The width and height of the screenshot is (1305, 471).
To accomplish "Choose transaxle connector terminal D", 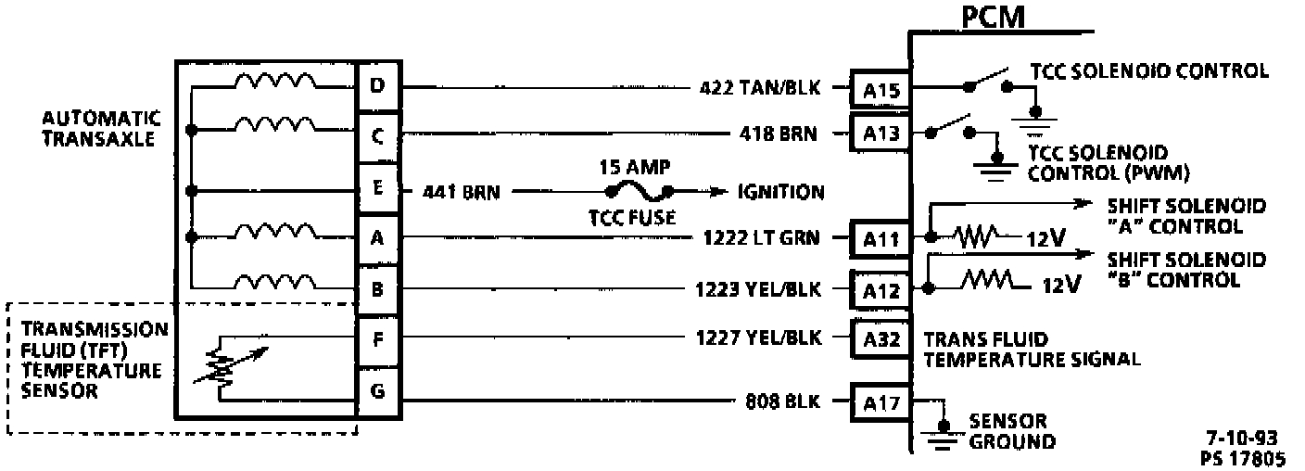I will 377,87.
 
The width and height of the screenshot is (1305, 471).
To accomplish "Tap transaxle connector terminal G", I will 377,390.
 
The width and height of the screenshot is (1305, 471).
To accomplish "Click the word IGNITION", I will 780,193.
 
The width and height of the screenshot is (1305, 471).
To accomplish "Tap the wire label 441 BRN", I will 461,193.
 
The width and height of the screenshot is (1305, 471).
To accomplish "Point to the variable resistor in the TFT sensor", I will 222,367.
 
